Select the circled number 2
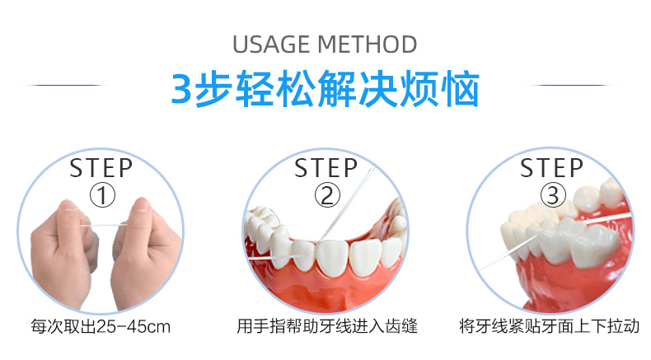[327, 195]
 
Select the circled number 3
[551, 195]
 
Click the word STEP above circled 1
[101, 168]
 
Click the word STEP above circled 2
[327, 168]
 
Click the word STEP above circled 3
[551, 168]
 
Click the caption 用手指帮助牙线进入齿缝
[326, 326]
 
